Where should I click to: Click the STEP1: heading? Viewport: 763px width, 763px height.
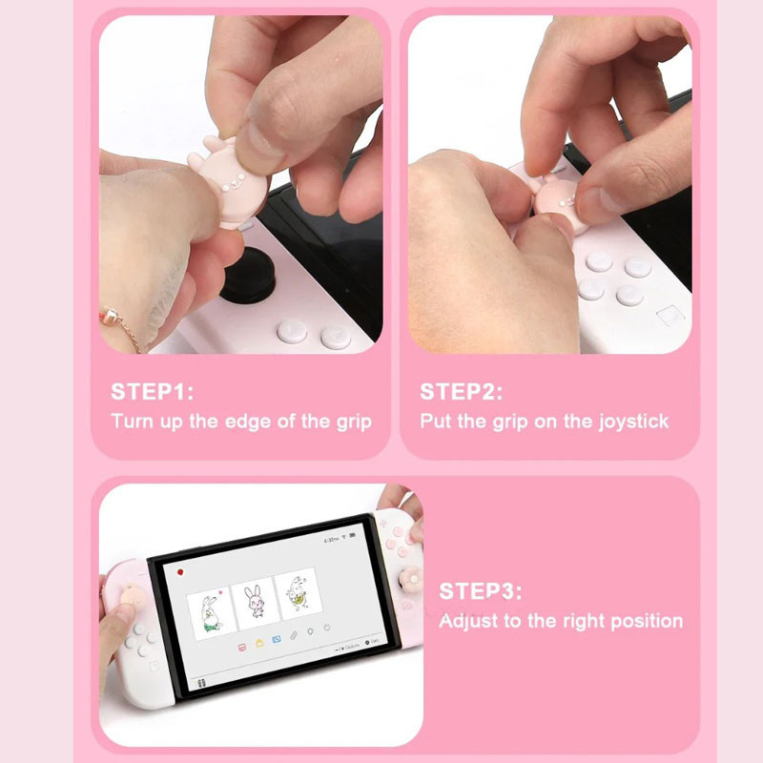[x=153, y=392]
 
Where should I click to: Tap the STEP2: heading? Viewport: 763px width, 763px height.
[x=462, y=392]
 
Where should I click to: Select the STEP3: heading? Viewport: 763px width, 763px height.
[x=481, y=591]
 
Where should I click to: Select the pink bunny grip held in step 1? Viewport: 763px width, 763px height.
[x=227, y=181]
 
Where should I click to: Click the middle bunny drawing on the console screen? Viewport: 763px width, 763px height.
[x=256, y=603]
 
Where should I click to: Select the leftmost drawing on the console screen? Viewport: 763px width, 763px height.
[x=211, y=614]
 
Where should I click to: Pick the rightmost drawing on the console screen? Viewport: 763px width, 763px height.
[x=299, y=592]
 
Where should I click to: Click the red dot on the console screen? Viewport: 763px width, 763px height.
[x=180, y=572]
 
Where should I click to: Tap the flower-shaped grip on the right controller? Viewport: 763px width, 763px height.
[x=411, y=579]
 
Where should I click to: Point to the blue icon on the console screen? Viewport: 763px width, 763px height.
[x=277, y=639]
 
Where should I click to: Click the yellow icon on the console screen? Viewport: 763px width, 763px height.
[x=259, y=643]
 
